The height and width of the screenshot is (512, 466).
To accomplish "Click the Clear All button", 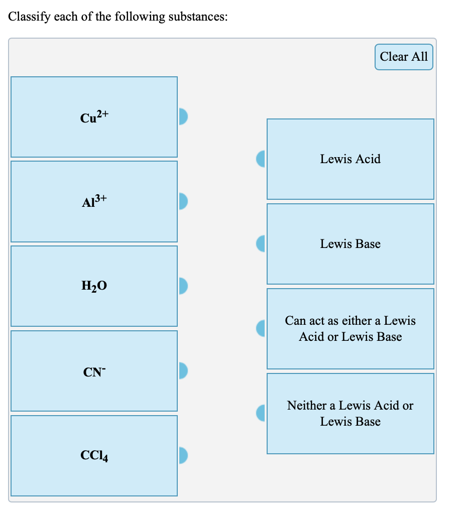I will (x=404, y=57).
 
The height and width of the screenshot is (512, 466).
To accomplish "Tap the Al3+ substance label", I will (x=94, y=202).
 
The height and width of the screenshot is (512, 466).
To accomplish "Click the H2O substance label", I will (x=94, y=287).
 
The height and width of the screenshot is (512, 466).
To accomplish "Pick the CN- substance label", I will (x=94, y=372).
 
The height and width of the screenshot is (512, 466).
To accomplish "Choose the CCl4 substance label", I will (x=94, y=456).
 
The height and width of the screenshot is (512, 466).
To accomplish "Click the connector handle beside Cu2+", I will (x=183, y=116).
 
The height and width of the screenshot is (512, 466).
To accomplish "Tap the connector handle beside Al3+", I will (x=183, y=201).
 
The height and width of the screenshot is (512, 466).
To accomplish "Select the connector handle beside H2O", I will (x=183, y=286).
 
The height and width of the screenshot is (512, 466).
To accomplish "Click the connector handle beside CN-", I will (x=183, y=370).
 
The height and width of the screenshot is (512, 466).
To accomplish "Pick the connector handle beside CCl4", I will (x=183, y=455).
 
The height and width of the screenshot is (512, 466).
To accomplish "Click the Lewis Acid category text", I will (x=350, y=159).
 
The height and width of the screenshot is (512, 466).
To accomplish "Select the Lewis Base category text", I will (x=350, y=244).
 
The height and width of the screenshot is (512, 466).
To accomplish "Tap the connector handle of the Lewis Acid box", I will (x=261, y=159).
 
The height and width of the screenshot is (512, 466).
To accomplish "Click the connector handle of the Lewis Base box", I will (x=261, y=244).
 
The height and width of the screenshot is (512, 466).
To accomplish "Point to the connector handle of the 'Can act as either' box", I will (x=261, y=329).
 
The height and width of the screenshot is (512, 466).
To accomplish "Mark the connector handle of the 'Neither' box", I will (x=261, y=413).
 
